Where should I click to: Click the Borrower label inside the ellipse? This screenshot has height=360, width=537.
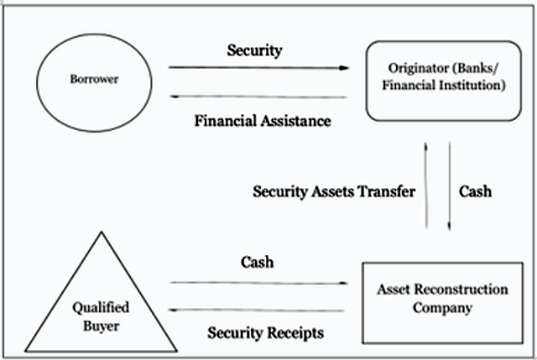click(x=94, y=79)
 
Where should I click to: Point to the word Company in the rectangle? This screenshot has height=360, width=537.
click(x=442, y=308)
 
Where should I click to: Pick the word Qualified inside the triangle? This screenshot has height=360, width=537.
click(x=101, y=307)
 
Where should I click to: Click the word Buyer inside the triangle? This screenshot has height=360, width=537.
click(x=101, y=326)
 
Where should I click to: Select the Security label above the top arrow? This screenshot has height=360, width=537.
click(x=254, y=50)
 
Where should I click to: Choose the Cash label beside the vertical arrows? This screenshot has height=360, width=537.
click(x=475, y=191)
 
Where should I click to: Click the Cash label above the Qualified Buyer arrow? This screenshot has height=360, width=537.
click(x=257, y=263)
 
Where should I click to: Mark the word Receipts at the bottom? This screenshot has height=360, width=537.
click(x=296, y=333)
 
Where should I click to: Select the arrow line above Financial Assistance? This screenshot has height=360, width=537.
click(x=258, y=97)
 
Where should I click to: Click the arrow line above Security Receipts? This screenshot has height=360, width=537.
click(x=257, y=310)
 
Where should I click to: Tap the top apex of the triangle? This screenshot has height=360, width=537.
click(x=102, y=232)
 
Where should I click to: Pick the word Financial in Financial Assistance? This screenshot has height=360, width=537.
click(x=226, y=121)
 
